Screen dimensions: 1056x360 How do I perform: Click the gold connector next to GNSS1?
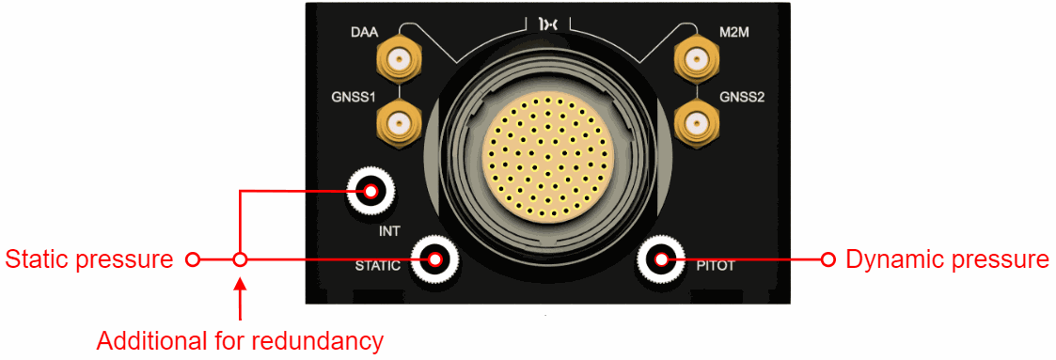399,123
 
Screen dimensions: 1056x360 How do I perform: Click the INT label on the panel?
389,232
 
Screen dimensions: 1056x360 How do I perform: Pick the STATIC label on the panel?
378,266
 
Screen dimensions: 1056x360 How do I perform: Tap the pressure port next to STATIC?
434,259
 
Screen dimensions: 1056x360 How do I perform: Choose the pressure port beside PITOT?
661,259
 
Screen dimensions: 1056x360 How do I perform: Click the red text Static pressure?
89,259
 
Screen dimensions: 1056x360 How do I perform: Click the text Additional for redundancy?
241,341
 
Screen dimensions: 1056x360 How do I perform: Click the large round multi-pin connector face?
547,160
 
